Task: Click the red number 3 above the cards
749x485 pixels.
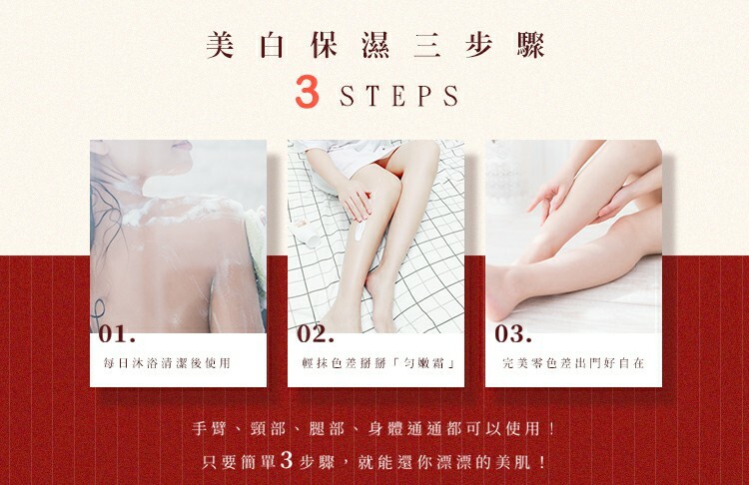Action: (x=308, y=92)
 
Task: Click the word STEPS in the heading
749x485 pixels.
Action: (x=399, y=96)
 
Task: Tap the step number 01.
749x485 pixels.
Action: (x=118, y=333)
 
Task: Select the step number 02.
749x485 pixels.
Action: (x=316, y=333)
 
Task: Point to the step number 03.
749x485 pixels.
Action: (x=513, y=333)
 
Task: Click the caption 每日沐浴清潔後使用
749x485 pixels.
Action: (x=167, y=363)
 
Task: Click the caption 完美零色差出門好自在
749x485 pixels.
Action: (x=573, y=363)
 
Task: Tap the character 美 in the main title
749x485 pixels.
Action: (x=221, y=46)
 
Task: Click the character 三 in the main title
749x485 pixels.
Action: (x=427, y=46)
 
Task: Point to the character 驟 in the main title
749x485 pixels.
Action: (x=530, y=46)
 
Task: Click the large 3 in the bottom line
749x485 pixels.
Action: (x=287, y=460)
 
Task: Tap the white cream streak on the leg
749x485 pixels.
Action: (x=361, y=232)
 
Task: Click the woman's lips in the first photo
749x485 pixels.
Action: (x=183, y=145)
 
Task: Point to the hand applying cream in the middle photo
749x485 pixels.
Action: (x=354, y=199)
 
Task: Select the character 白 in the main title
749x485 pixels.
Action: (x=272, y=46)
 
